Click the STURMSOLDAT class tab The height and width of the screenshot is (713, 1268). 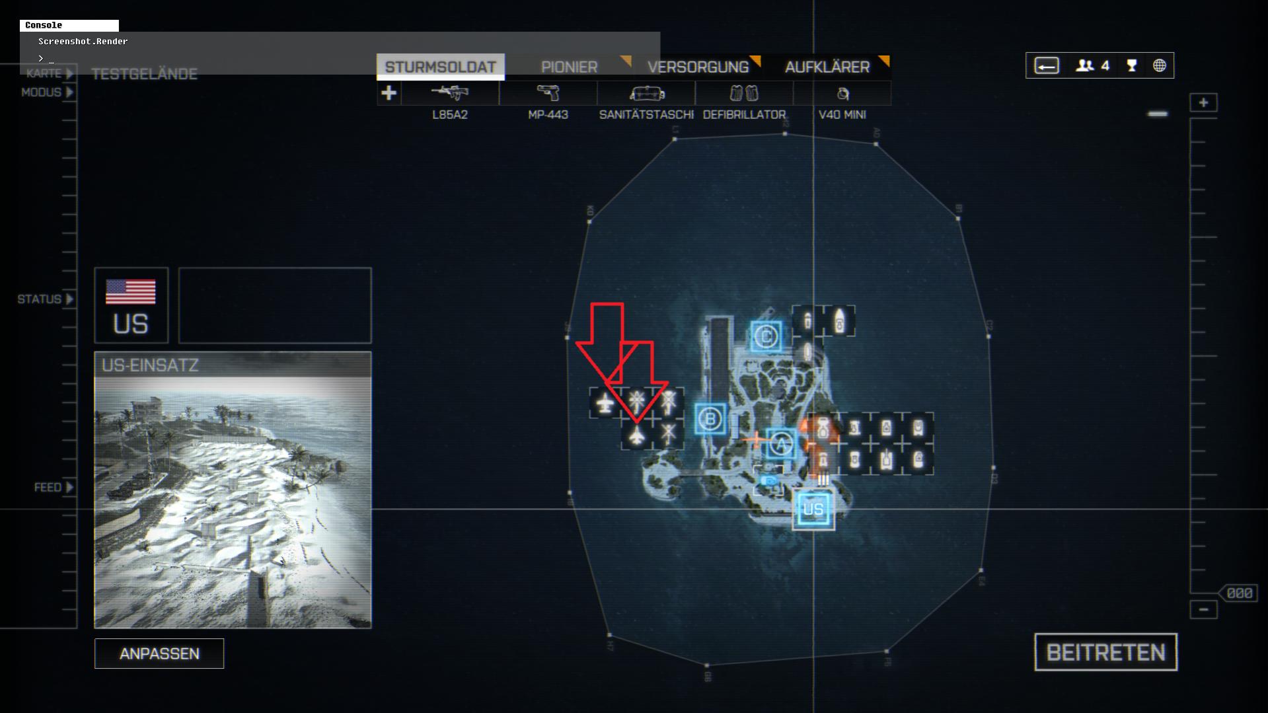[x=440, y=67]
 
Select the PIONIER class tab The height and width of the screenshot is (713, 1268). [x=569, y=67]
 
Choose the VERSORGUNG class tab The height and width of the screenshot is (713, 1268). [x=698, y=67]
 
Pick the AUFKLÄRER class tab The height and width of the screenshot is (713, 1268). [x=827, y=67]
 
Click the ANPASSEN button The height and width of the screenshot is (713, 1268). [x=159, y=654]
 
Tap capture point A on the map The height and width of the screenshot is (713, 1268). [x=781, y=443]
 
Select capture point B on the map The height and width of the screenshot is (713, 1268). [x=710, y=419]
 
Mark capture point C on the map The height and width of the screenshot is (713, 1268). [x=766, y=337]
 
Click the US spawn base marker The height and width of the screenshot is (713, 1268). [x=813, y=509]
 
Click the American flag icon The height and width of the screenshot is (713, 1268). [x=131, y=291]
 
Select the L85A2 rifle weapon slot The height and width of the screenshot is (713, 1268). [x=450, y=93]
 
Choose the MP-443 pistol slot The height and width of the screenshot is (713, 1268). [x=548, y=93]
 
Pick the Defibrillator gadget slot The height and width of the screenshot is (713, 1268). [x=744, y=93]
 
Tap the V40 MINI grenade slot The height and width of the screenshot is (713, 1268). [x=842, y=93]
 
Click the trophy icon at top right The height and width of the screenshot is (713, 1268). [x=1132, y=65]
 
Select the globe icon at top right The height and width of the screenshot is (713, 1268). [x=1159, y=65]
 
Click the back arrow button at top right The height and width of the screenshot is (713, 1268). [x=1047, y=65]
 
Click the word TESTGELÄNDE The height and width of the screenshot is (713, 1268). [x=144, y=74]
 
